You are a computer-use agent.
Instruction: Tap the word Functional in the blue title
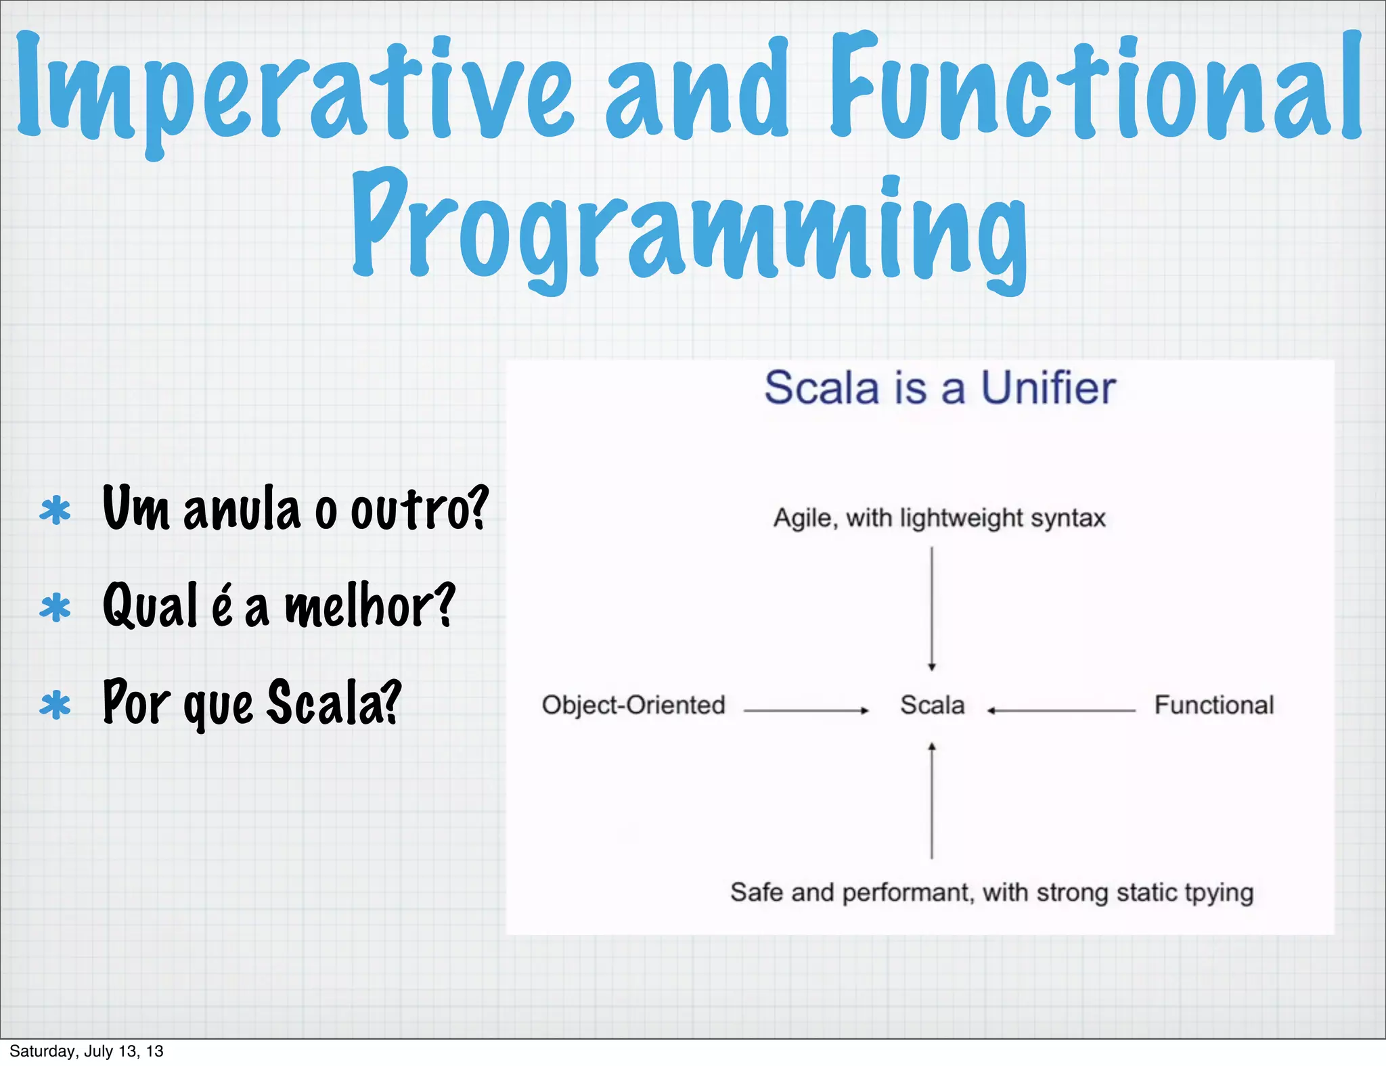(1096, 88)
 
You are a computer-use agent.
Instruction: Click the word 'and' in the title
(697, 91)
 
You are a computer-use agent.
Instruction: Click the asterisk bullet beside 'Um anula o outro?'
(55, 511)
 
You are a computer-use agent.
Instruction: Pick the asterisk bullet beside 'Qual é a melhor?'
(55, 607)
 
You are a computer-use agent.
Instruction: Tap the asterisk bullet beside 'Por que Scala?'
(55, 705)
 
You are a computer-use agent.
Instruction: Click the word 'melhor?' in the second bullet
(370, 605)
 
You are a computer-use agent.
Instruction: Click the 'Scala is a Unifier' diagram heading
(939, 388)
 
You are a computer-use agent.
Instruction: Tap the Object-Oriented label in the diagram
(633, 705)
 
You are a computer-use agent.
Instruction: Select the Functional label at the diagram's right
(1214, 705)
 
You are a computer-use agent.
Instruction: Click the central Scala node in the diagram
(932, 705)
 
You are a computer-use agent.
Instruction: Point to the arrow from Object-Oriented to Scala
(805, 710)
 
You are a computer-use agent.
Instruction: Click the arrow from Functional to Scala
(1061, 710)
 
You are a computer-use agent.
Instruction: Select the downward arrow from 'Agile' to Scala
(932, 609)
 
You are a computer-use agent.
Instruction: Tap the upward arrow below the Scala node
(932, 802)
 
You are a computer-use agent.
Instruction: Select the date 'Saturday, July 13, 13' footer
(87, 1051)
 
